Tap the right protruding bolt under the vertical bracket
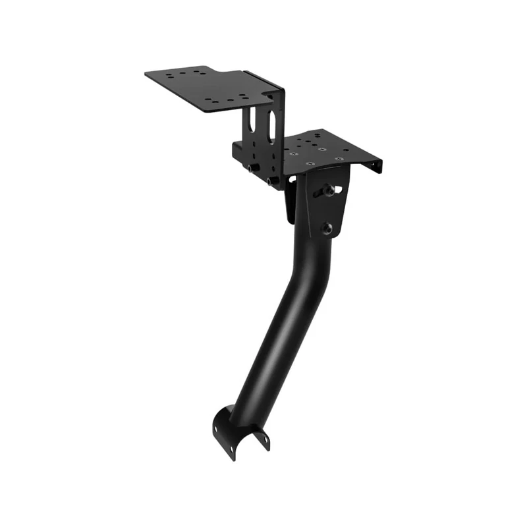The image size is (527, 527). point(271,180)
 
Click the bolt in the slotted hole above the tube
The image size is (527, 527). point(328,191)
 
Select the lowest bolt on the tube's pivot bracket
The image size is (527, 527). point(327,227)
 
